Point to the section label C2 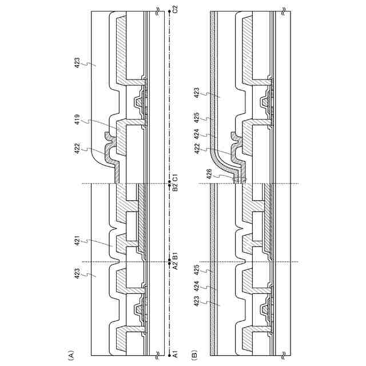click(x=176, y=9)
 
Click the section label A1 click(x=176, y=355)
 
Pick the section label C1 click(x=176, y=176)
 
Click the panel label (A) click(x=71, y=355)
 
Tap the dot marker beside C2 click(x=169, y=10)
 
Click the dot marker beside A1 click(x=169, y=355)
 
